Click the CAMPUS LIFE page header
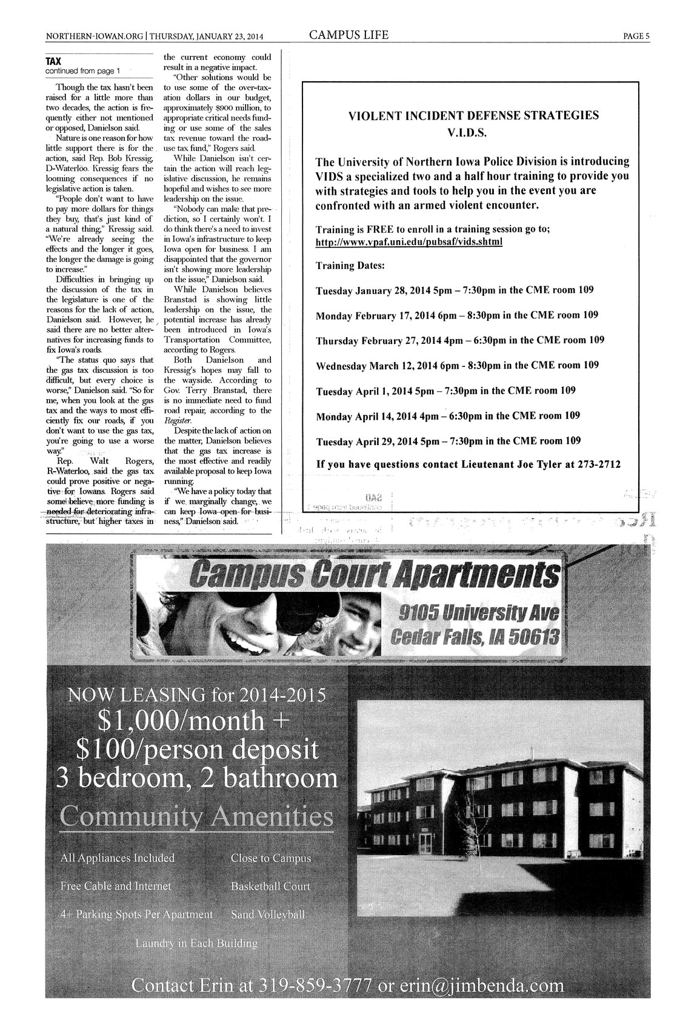348,35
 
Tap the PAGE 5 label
636,36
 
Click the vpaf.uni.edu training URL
409,241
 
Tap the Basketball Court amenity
270,887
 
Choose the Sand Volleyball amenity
267,914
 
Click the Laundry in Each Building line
196,944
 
